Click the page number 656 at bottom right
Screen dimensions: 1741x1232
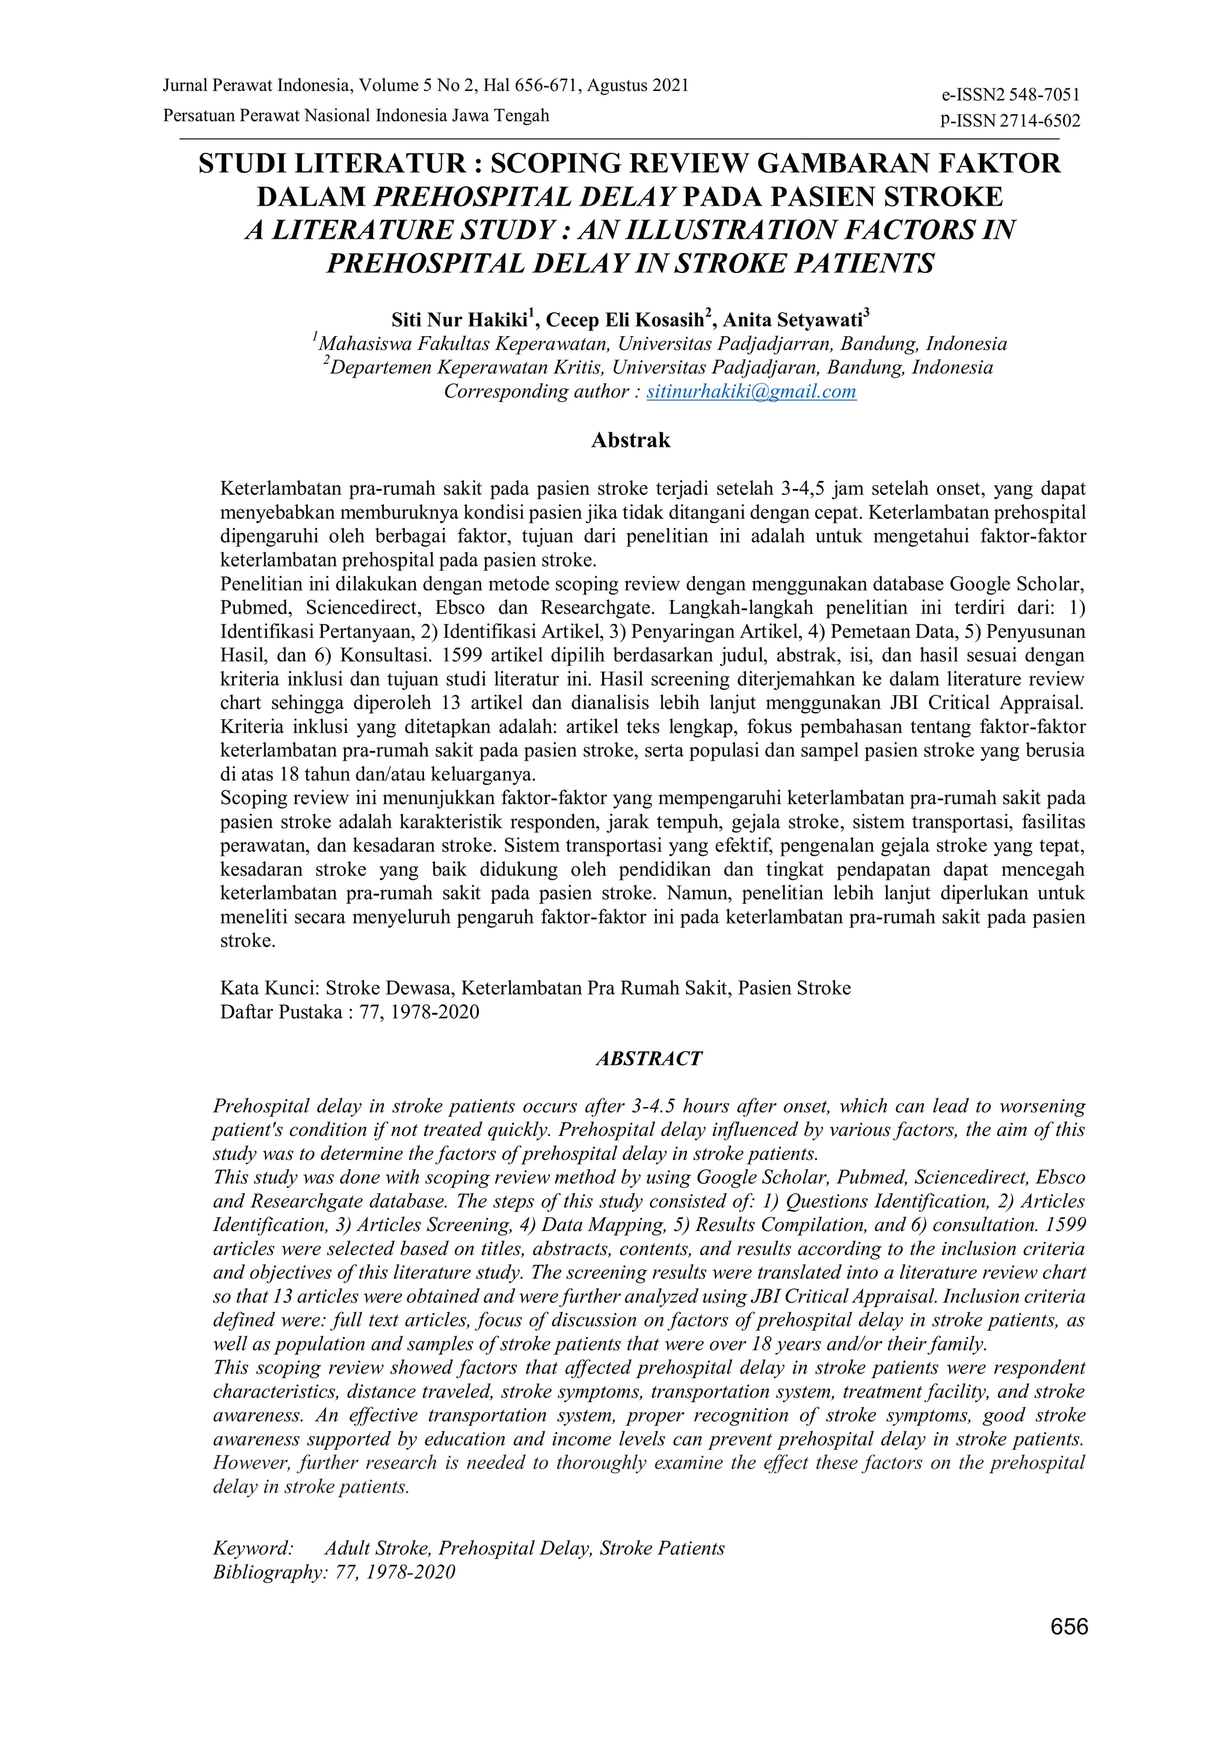click(x=1069, y=1648)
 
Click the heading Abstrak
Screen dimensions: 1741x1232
click(x=630, y=441)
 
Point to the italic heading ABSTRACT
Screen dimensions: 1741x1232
click(x=648, y=1058)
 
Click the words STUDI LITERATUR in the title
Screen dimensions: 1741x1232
click(x=331, y=164)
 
